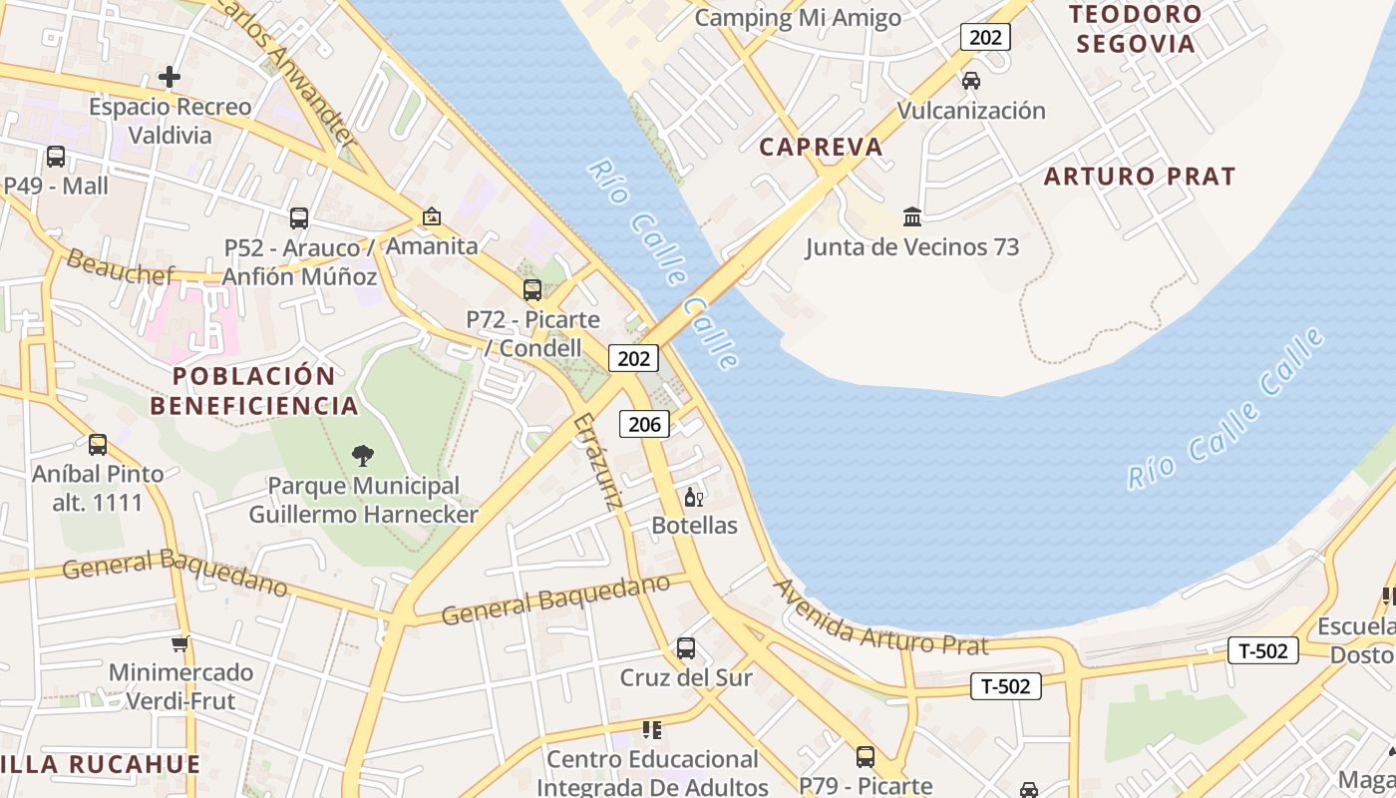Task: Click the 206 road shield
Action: pyautogui.click(x=644, y=424)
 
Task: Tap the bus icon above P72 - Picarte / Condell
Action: pyautogui.click(x=532, y=290)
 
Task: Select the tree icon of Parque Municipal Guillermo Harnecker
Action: pyautogui.click(x=363, y=456)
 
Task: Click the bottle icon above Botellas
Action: pyautogui.click(x=694, y=497)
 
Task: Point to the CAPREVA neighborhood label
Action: pyautogui.click(x=821, y=147)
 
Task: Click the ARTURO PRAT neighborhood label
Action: pyautogui.click(x=1139, y=177)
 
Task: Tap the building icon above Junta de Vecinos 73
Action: pyautogui.click(x=911, y=216)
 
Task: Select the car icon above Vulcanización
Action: pyautogui.click(x=970, y=81)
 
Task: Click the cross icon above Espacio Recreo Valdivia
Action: pyautogui.click(x=170, y=77)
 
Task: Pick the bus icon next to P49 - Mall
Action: pyautogui.click(x=56, y=157)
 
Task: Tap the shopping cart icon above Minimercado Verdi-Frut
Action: pyautogui.click(x=179, y=643)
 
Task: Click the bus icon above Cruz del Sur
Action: pyautogui.click(x=686, y=648)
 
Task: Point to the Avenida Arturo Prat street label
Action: pyautogui.click(x=880, y=617)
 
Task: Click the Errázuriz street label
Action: pyautogui.click(x=598, y=462)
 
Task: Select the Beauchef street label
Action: pyautogui.click(x=120, y=267)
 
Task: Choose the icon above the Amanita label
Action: pyautogui.click(x=432, y=216)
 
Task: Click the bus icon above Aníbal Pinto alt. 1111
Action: pyautogui.click(x=98, y=445)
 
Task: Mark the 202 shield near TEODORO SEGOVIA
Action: pyautogui.click(x=985, y=38)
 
